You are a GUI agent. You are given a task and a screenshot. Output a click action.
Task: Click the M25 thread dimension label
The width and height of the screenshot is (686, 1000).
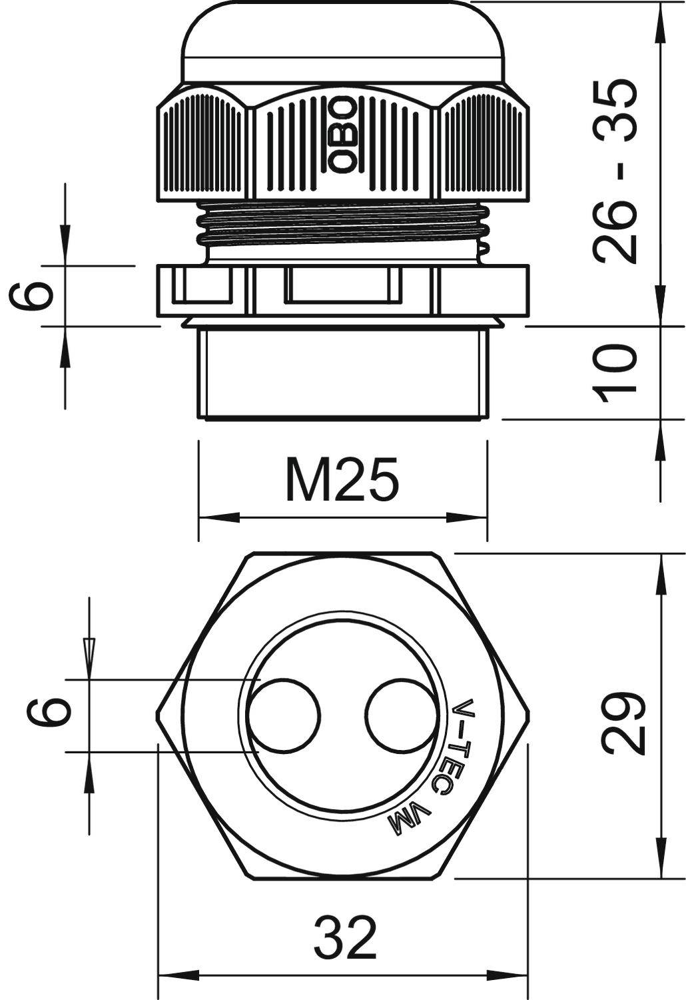(x=342, y=479)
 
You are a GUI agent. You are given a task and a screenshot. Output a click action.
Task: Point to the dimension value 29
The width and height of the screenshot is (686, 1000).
(x=623, y=724)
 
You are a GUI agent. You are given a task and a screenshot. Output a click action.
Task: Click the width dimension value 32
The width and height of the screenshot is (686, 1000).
(x=345, y=937)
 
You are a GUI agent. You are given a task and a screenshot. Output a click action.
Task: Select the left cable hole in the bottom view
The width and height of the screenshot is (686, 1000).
(x=284, y=715)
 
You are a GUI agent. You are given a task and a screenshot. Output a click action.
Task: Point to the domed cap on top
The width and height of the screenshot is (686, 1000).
(x=342, y=40)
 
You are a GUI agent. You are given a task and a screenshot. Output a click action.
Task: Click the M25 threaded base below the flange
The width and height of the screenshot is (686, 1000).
(x=342, y=373)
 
